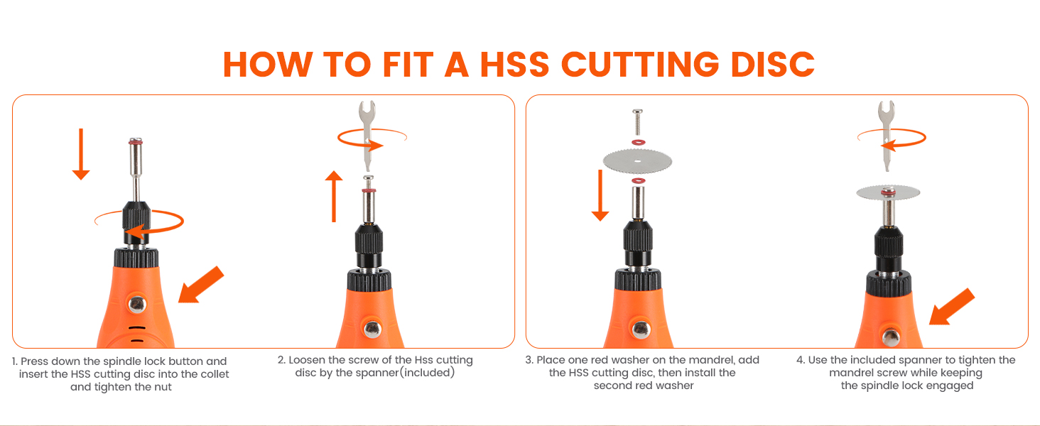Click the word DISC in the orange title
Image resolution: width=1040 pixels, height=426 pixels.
pyautogui.click(x=773, y=64)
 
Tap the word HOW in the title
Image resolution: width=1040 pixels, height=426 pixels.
pyautogui.click(x=267, y=64)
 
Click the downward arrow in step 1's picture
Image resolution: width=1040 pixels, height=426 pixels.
pyautogui.click(x=81, y=154)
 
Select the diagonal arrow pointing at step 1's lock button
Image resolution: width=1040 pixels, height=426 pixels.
pyautogui.click(x=201, y=285)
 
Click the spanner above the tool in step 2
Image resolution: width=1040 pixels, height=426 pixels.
pyautogui.click(x=367, y=136)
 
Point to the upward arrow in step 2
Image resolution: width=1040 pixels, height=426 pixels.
pyautogui.click(x=334, y=196)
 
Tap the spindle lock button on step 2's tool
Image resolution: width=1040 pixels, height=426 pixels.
pyautogui.click(x=372, y=329)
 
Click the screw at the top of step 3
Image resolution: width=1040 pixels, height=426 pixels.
pyautogui.click(x=638, y=123)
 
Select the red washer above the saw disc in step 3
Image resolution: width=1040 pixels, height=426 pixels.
pyautogui.click(x=639, y=142)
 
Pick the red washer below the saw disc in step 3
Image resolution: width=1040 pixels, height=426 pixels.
pyautogui.click(x=639, y=180)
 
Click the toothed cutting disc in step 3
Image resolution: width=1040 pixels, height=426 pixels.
pyautogui.click(x=637, y=161)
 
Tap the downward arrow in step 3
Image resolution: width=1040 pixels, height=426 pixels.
pyautogui.click(x=600, y=195)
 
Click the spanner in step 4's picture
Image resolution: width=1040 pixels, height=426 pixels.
pyautogui.click(x=887, y=136)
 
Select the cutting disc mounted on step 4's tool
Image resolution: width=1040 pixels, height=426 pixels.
pyautogui.click(x=888, y=192)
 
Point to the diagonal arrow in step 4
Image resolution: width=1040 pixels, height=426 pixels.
pyautogui.click(x=952, y=307)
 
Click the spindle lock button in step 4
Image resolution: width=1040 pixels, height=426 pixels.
pyautogui.click(x=891, y=338)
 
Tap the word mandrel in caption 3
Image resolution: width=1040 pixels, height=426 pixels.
pyautogui.click(x=714, y=360)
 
